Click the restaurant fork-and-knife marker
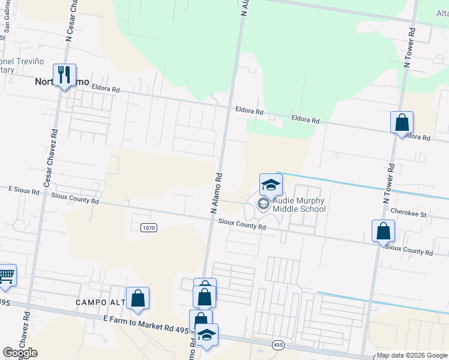(x=64, y=75)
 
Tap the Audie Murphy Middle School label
(x=298, y=205)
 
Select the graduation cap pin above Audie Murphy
(x=271, y=185)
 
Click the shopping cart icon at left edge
(x=6, y=276)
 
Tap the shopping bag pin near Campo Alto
(x=137, y=298)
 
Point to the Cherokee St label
(x=408, y=214)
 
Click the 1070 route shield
(x=149, y=227)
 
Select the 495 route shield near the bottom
(x=277, y=345)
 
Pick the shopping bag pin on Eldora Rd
(x=402, y=123)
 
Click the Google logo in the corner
(x=20, y=353)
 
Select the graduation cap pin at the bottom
(x=207, y=335)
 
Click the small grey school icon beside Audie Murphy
(x=263, y=204)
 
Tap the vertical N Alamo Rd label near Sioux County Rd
(x=217, y=193)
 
